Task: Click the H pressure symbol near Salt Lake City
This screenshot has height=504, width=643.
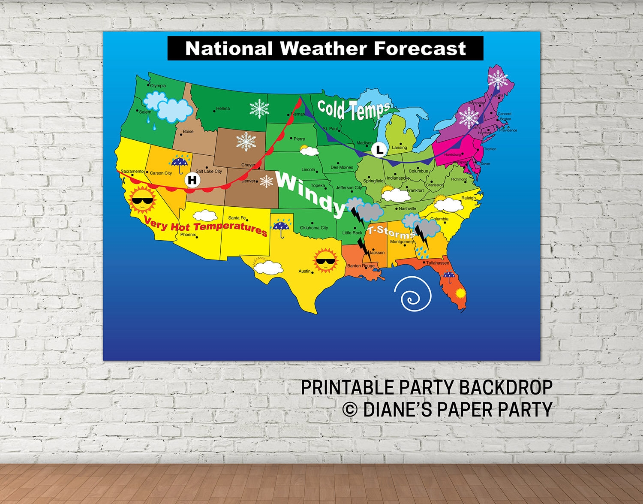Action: coord(192,180)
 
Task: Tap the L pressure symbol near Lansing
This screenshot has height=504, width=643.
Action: coord(379,150)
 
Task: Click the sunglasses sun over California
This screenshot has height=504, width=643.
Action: coord(142,200)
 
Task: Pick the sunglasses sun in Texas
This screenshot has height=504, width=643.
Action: coord(326,260)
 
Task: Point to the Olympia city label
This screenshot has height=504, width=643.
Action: coord(158,86)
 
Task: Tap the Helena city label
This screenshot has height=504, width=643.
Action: coord(223,109)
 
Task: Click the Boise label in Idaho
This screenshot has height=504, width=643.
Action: coord(188,132)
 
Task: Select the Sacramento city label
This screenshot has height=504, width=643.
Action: coord(132,171)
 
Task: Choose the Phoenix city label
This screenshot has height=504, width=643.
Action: coord(188,235)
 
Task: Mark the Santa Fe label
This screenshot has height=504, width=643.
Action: coord(237,218)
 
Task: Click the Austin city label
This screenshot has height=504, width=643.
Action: coord(304,271)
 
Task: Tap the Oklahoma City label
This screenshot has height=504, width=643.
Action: coord(314,228)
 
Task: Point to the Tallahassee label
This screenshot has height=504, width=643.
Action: coord(437,263)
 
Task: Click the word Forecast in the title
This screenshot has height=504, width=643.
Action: coord(420,48)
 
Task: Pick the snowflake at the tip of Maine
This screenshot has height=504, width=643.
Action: coord(498,79)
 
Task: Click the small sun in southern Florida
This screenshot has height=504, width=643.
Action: coord(460,294)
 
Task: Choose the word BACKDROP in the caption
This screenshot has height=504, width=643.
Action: coord(506,387)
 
